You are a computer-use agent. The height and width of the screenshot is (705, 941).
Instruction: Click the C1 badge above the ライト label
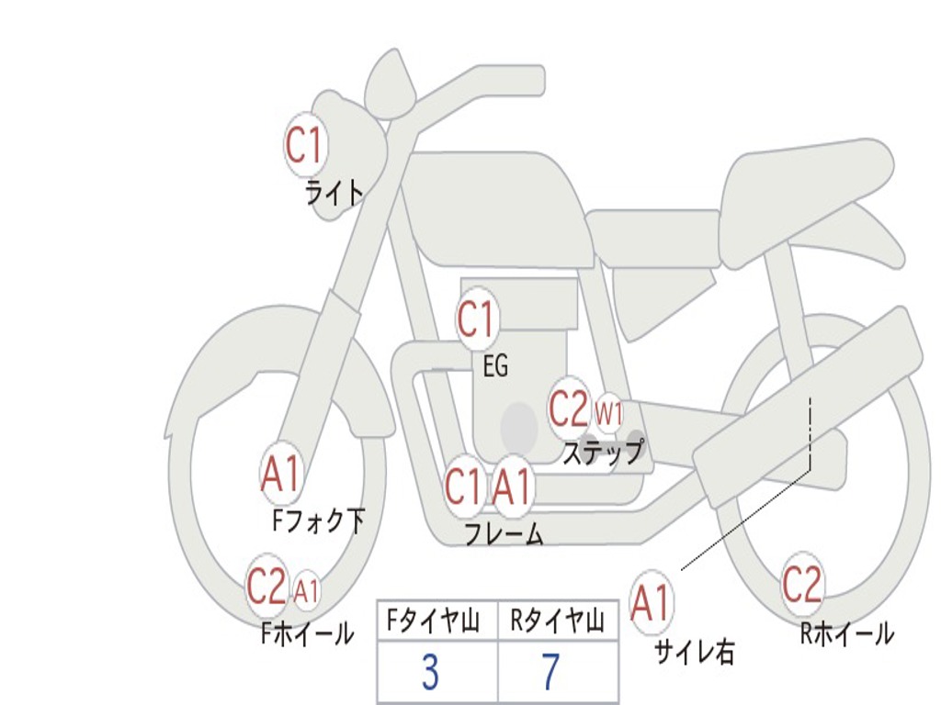click(x=305, y=145)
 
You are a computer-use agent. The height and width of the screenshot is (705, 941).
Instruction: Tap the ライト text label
click(x=334, y=193)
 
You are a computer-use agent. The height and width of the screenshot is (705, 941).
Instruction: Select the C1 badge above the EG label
click(x=476, y=320)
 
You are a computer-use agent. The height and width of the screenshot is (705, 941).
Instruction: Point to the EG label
click(x=495, y=366)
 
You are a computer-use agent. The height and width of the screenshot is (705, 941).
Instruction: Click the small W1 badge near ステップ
click(x=608, y=413)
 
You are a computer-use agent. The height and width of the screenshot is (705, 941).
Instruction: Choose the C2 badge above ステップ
click(x=568, y=408)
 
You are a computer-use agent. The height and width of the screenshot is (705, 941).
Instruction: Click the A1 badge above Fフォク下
click(x=280, y=474)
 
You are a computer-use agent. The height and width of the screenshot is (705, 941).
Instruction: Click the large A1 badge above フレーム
click(x=512, y=487)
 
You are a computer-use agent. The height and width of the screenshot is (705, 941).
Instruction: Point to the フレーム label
click(x=503, y=533)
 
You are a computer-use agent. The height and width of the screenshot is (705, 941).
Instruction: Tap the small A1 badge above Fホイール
click(x=307, y=590)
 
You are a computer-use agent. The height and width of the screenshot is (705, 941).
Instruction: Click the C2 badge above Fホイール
click(x=266, y=586)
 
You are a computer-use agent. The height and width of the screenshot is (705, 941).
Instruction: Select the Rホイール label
click(x=846, y=632)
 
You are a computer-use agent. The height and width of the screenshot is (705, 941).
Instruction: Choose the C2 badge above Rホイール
click(x=802, y=584)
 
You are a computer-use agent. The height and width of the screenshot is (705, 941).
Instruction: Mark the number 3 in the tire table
click(x=430, y=673)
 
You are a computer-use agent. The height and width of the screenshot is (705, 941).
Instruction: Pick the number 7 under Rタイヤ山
click(x=550, y=673)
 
